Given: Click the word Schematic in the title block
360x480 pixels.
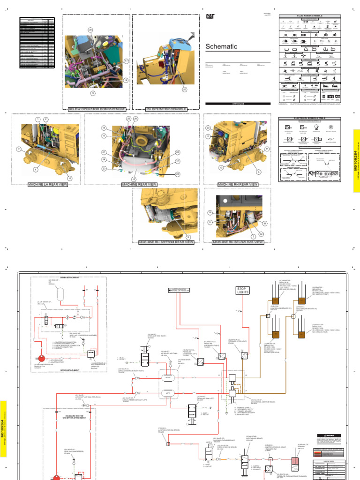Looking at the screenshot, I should (221, 46).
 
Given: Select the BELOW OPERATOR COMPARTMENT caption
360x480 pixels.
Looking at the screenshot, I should (97, 109).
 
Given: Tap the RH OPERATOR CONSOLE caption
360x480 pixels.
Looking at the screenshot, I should (166, 109).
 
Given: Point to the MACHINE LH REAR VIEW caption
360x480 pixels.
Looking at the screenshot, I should (48, 185).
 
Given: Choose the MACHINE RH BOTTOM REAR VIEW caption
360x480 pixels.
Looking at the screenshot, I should (166, 242).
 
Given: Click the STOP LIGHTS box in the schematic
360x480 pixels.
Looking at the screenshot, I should (243, 291).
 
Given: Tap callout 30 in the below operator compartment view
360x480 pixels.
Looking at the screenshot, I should (90, 30).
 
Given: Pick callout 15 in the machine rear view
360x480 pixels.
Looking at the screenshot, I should (133, 179).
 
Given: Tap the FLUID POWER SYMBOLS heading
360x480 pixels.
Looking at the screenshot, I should (309, 16).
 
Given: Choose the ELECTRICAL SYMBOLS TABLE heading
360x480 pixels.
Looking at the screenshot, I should (309, 119).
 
